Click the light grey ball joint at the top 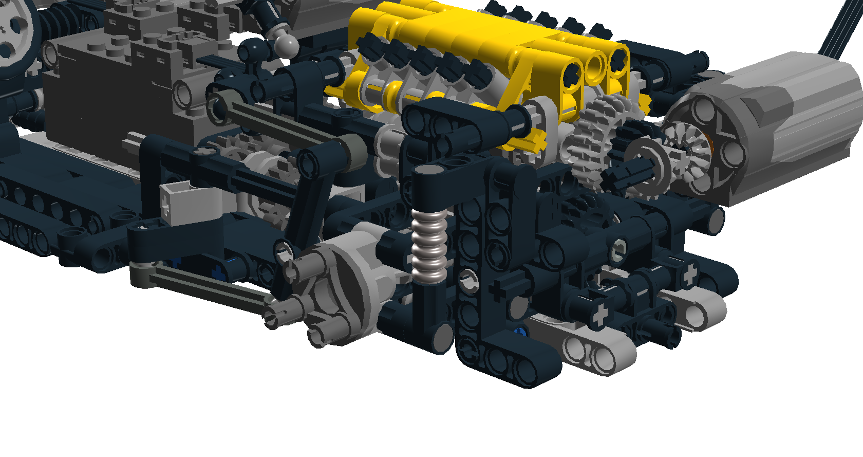[286, 45]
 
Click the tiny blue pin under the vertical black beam [520, 332]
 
